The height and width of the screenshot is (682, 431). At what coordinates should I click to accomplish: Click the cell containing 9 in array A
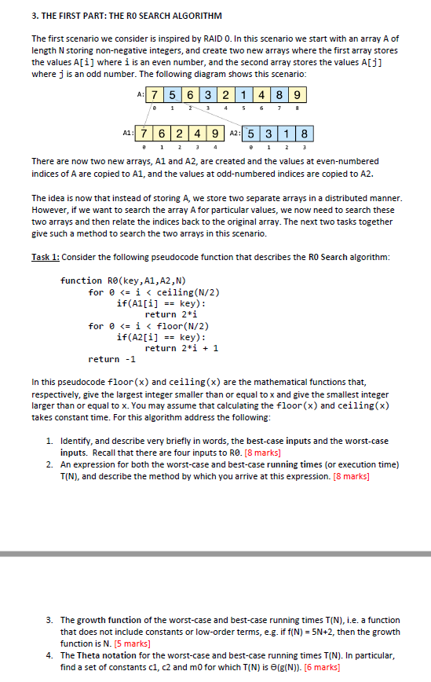click(298, 96)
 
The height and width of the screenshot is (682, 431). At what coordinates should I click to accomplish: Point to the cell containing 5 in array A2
click(251, 133)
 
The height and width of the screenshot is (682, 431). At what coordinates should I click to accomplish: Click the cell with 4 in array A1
click(196, 133)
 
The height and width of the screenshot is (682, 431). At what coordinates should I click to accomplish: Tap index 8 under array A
click(298, 109)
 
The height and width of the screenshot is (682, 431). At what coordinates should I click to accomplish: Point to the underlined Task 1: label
click(45, 257)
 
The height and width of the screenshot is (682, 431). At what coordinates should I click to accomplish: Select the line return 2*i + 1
click(181, 347)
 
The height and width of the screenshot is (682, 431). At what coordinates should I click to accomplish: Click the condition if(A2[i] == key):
click(161, 336)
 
